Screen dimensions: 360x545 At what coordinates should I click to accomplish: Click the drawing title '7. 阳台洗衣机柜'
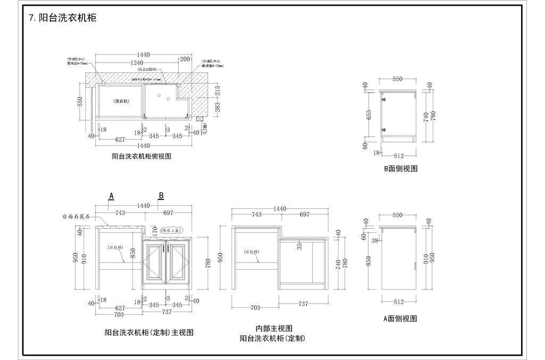click(x=63, y=18)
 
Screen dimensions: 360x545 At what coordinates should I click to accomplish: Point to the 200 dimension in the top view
click(x=184, y=58)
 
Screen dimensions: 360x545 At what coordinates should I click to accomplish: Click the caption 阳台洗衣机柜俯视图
click(x=142, y=156)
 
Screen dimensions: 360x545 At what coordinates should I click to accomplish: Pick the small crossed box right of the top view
click(x=199, y=120)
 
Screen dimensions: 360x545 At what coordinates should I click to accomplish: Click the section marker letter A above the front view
click(x=111, y=196)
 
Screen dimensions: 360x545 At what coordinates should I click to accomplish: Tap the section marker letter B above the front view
click(x=161, y=196)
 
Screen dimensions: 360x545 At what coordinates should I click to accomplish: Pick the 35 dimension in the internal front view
click(x=300, y=246)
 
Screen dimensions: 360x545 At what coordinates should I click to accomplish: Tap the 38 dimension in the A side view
click(x=374, y=240)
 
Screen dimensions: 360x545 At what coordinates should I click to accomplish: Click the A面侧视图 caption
click(x=400, y=319)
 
